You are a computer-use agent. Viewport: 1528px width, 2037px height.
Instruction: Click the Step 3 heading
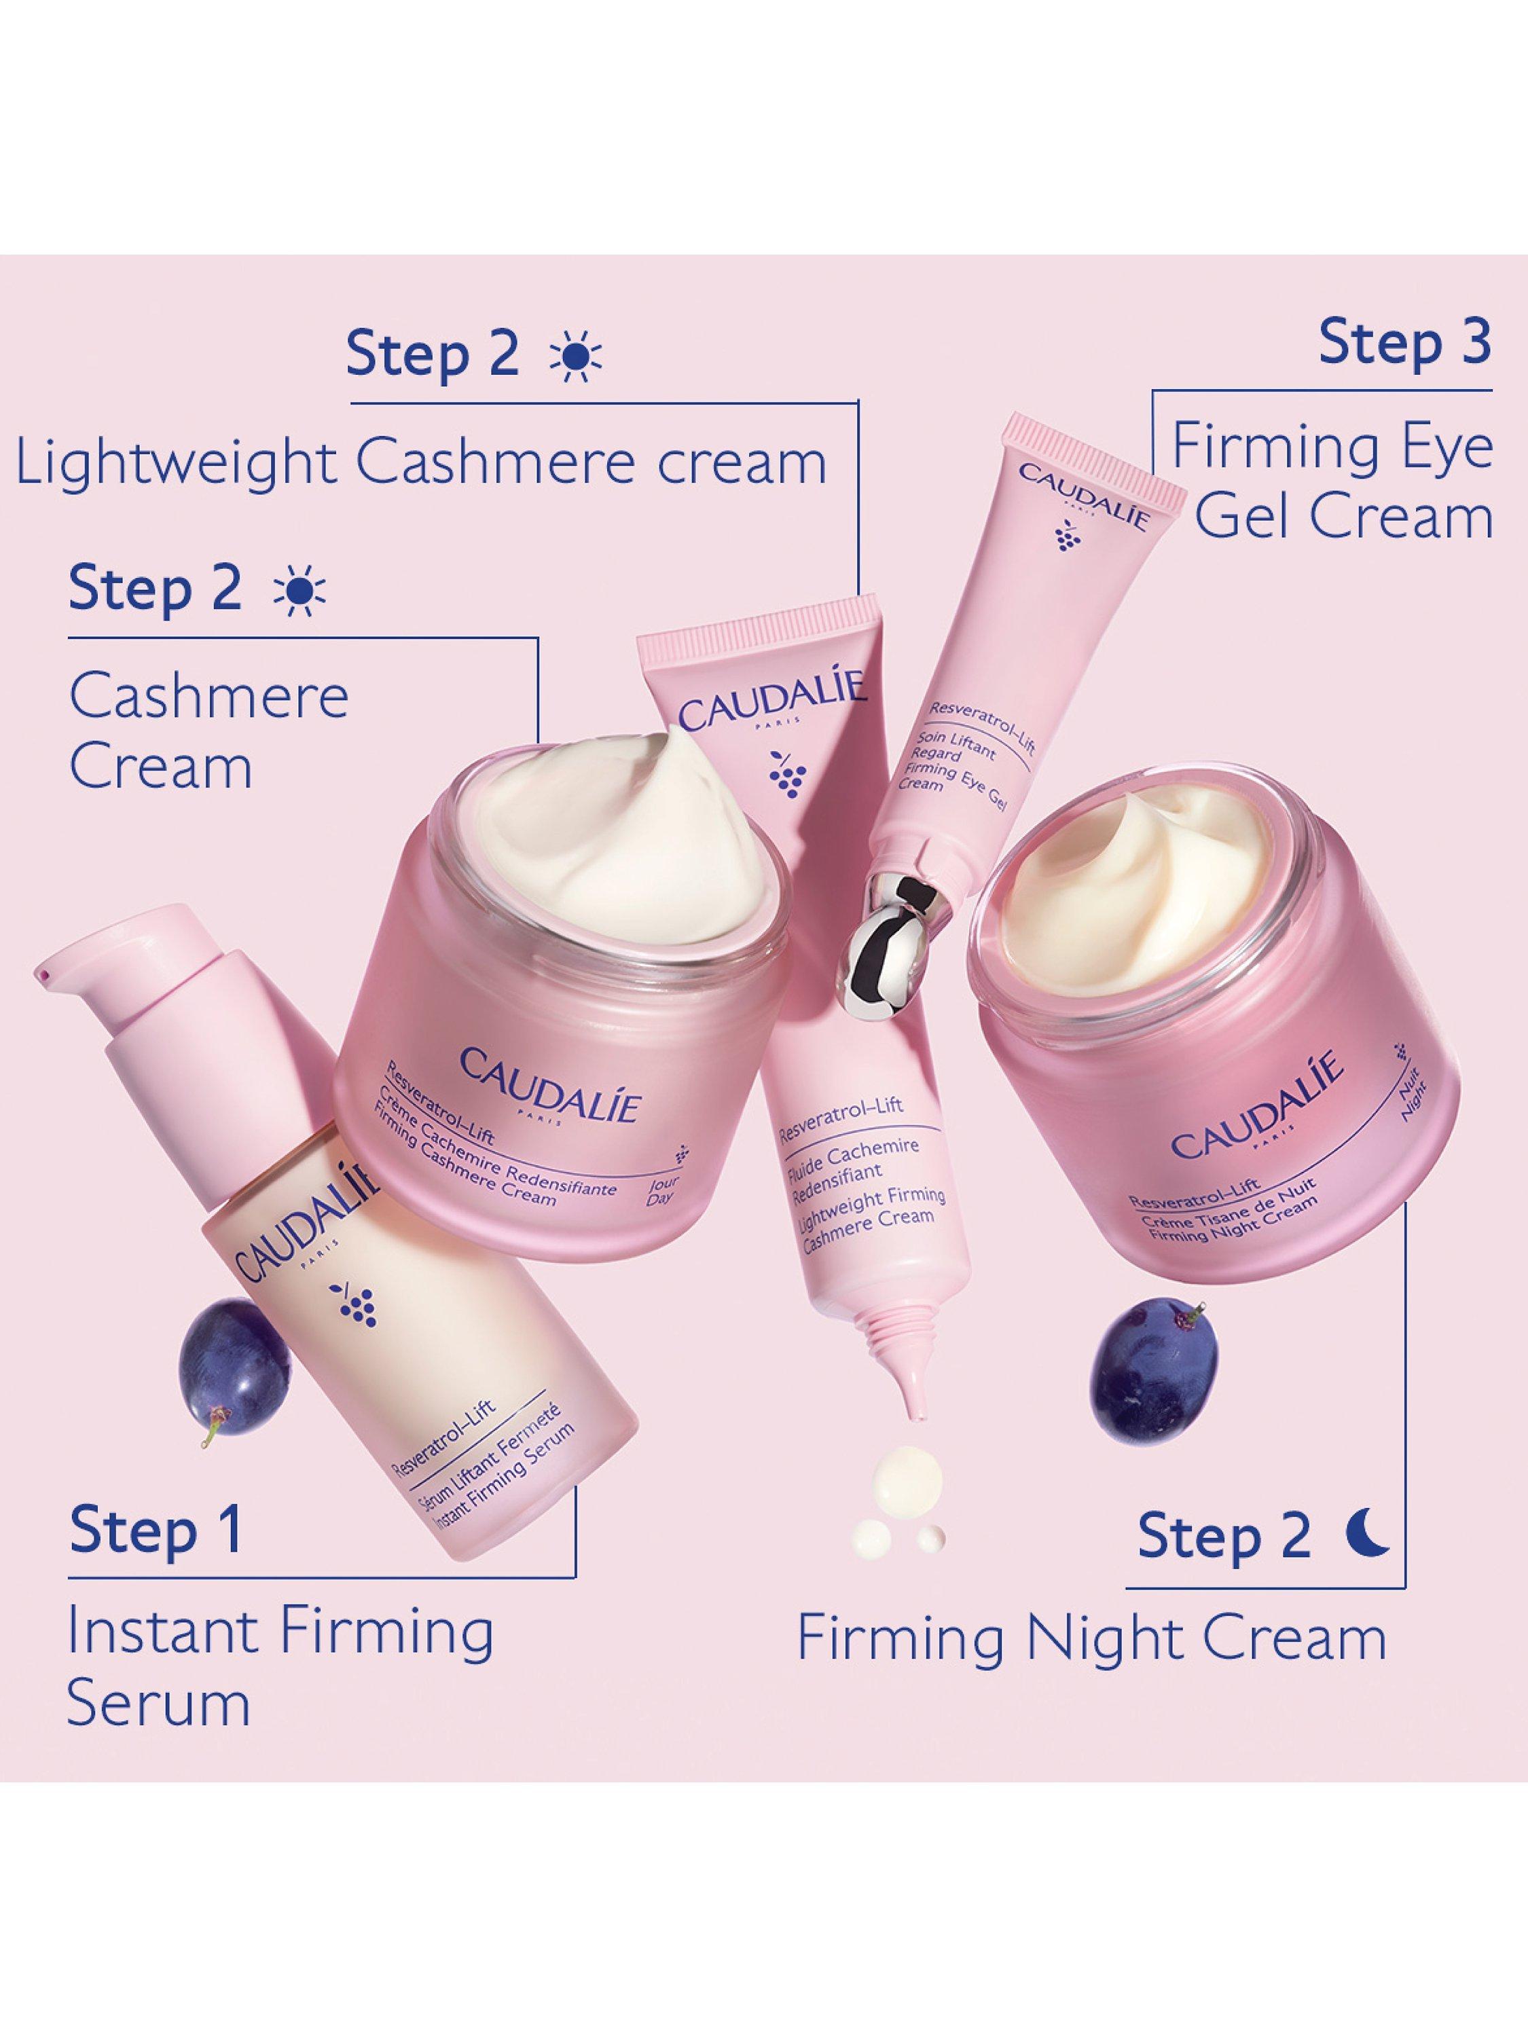[1404, 343]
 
